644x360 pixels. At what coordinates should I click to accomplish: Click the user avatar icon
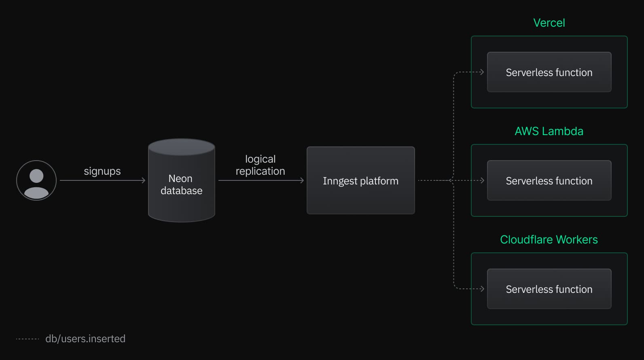coord(36,180)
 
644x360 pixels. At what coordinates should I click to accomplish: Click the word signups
coord(102,171)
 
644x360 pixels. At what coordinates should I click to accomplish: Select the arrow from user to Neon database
coord(102,180)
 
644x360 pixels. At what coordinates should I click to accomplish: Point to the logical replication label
coord(260,165)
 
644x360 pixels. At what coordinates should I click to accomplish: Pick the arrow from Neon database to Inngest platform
coord(261,180)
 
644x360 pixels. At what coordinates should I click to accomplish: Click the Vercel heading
coord(549,23)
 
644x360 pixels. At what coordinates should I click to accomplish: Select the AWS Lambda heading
coord(549,131)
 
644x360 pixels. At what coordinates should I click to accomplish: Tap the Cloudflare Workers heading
coord(549,239)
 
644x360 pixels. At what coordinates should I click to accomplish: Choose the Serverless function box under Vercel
coord(549,72)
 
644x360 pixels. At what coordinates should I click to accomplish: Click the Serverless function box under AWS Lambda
coord(549,180)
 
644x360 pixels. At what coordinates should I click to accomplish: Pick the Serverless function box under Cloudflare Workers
coord(549,289)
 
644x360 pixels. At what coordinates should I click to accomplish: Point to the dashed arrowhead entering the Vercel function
coord(482,72)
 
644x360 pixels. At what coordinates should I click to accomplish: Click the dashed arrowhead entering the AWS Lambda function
coord(482,180)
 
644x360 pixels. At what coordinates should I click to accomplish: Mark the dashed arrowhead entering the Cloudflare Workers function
coord(482,289)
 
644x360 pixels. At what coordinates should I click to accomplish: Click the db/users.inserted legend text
coord(85,339)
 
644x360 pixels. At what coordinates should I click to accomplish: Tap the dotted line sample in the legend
coord(28,339)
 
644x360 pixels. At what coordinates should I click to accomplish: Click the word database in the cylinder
coord(182,191)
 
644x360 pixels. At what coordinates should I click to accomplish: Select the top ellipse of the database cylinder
coord(182,147)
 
